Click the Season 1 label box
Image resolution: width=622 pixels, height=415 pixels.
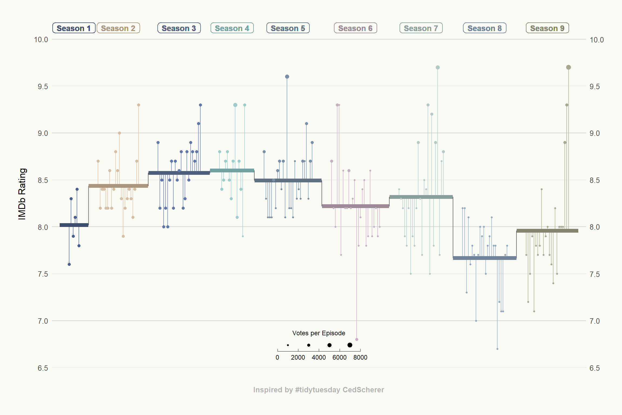pos(74,28)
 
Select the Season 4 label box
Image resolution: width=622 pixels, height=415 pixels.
pos(232,28)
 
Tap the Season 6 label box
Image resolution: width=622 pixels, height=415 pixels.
pos(355,28)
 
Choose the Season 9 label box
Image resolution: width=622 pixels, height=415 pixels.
pos(547,28)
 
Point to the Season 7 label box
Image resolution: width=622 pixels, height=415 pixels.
pos(421,28)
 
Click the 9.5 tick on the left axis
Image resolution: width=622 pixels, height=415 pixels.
pos(43,86)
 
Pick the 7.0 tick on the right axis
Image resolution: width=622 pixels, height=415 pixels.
pos(594,321)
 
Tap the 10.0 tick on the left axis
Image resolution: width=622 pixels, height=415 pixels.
pos(41,39)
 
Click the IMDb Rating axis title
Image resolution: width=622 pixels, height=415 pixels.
pos(22,194)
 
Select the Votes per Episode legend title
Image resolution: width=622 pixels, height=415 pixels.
pos(319,333)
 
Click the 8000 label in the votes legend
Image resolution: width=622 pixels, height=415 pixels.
pos(360,357)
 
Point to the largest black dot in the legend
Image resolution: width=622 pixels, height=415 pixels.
pos(350,345)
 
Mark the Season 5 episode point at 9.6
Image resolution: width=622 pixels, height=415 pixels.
pos(287,77)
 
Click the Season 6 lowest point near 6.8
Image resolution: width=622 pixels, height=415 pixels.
pos(357,339)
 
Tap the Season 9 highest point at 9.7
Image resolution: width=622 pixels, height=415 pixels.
pos(569,67)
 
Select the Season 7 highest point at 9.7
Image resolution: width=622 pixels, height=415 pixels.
pos(438,67)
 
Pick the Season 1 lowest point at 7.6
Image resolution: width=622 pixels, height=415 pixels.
pos(69,264)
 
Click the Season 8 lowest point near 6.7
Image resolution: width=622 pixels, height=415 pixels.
pos(497,349)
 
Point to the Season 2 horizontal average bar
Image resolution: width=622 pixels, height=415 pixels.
pos(118,186)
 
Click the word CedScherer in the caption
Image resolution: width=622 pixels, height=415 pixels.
pos(363,390)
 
